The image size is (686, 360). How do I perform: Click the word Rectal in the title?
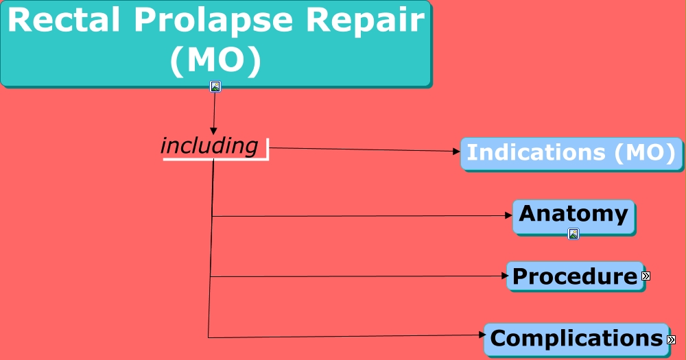(x=62, y=21)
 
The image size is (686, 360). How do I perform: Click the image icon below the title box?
(x=215, y=86)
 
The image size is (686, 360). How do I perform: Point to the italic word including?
(x=209, y=145)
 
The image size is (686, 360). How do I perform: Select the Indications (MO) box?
(x=571, y=153)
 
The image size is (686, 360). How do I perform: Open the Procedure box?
(x=575, y=276)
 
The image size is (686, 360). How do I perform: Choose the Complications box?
(x=576, y=339)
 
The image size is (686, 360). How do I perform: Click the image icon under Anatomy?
(x=573, y=234)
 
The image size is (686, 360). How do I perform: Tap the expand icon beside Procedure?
(x=646, y=276)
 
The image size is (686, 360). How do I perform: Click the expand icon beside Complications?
(x=671, y=339)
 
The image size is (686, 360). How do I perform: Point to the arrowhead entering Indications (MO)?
(x=457, y=152)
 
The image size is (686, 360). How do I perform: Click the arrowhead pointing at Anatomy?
(x=509, y=215)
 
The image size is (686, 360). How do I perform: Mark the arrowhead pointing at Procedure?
(x=503, y=276)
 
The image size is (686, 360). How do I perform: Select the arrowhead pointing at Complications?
(x=480, y=335)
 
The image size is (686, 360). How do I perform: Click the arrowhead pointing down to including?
(x=213, y=130)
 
